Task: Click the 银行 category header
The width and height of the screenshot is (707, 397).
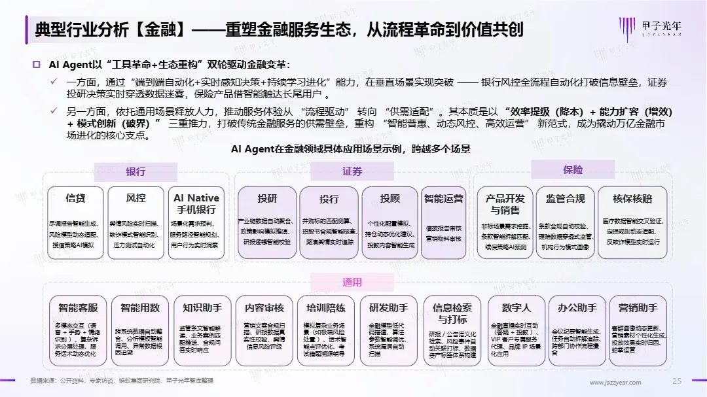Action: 136,171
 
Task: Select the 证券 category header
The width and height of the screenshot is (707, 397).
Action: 352,171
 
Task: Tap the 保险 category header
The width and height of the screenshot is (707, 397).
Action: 572,170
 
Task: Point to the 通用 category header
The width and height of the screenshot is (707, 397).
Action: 352,282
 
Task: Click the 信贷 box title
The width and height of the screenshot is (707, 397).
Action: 75,198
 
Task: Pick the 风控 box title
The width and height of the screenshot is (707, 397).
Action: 136,198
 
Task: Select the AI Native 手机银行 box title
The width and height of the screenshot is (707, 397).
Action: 196,203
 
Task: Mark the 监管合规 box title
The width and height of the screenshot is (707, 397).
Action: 565,198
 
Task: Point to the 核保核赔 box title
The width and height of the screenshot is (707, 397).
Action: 632,198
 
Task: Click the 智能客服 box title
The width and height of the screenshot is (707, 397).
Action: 78,308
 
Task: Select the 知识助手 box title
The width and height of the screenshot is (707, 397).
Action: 202,308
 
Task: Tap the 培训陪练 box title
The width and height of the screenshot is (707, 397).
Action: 325,308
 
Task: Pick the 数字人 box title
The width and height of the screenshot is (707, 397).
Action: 517,307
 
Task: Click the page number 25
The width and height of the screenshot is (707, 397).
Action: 677,381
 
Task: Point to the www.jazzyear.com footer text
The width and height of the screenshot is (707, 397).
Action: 613,382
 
